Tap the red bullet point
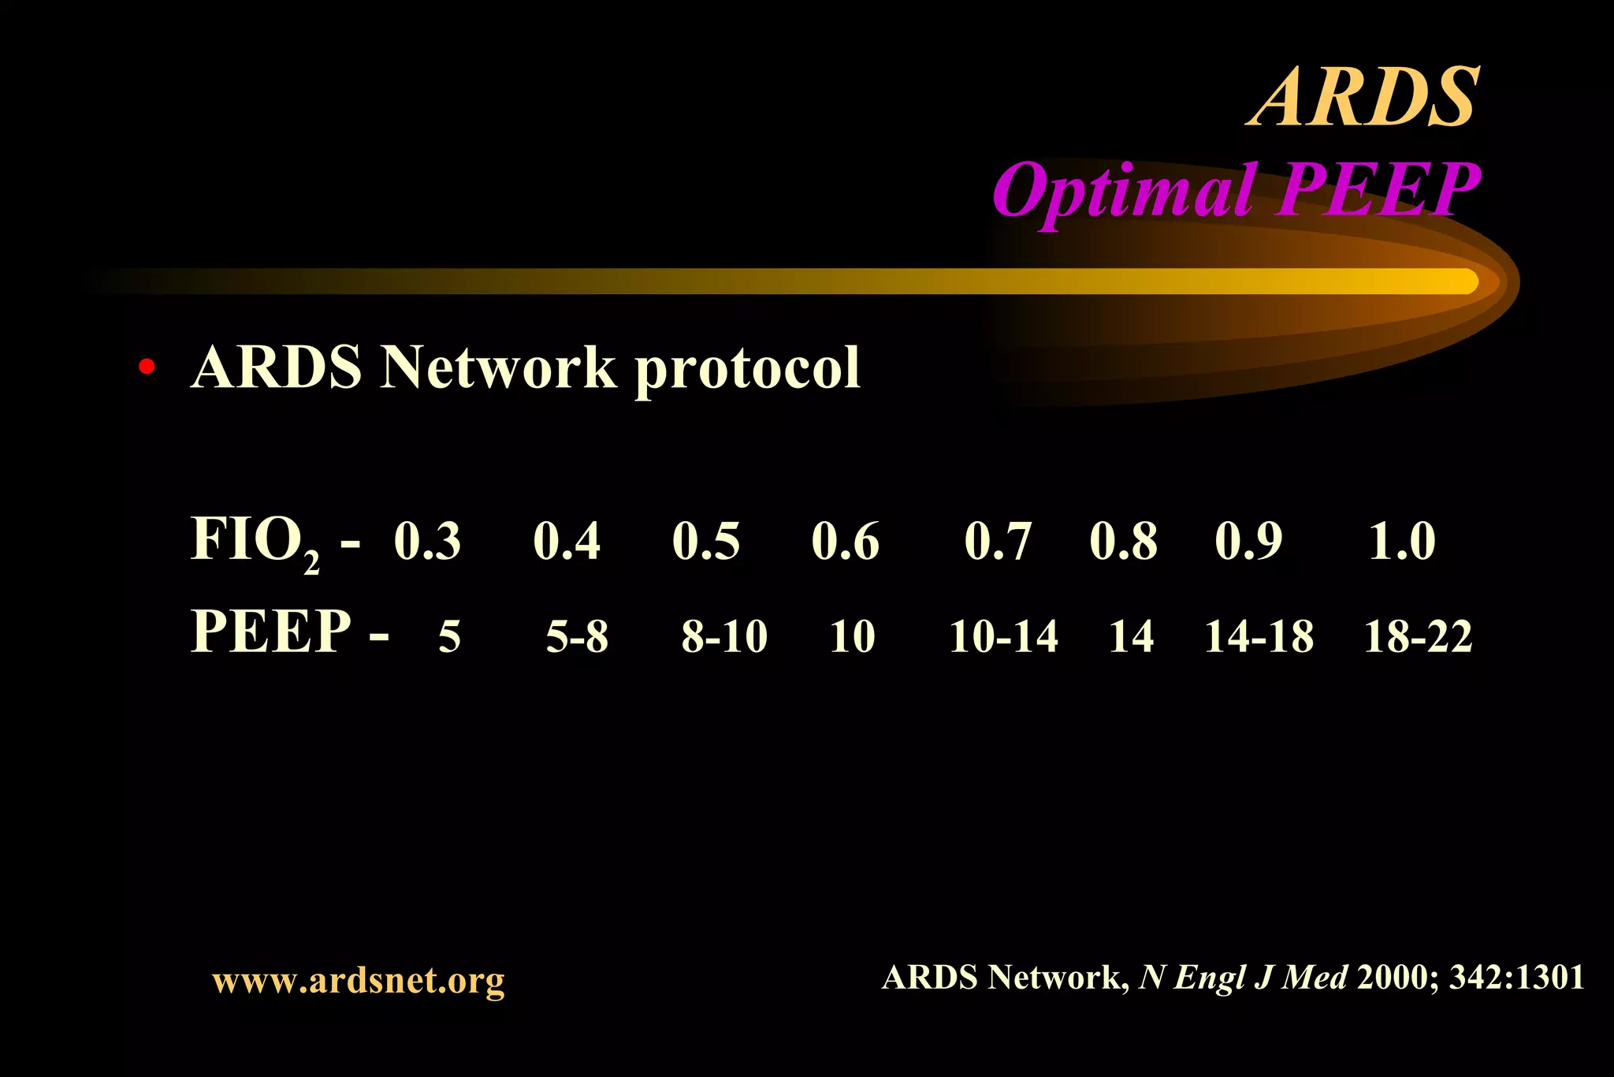point(146,367)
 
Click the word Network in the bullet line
point(497,367)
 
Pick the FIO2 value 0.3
point(427,542)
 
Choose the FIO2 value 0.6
point(845,542)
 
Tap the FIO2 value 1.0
point(1402,542)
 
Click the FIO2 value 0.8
point(1123,542)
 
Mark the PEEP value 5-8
point(577,636)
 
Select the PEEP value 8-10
point(724,636)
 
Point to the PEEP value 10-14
point(1003,636)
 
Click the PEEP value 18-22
point(1418,636)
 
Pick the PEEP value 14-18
point(1259,636)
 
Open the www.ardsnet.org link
point(359,980)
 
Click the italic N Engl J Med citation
point(1243,978)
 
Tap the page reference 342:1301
point(1516,978)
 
